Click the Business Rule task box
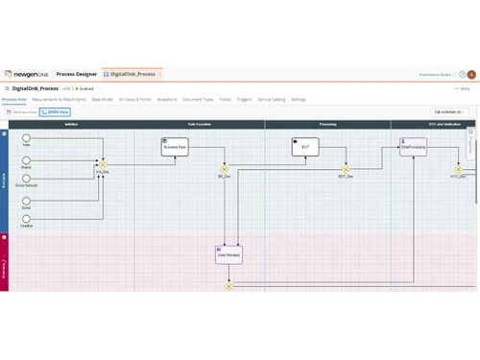point(175,147)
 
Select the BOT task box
point(305,147)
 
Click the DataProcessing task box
point(413,147)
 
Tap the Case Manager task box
point(228,254)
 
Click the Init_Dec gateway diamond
point(103,165)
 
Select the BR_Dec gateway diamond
point(225,169)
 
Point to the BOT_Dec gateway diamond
point(346,169)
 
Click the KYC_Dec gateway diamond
point(459,169)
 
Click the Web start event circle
point(27,136)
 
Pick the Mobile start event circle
point(27,156)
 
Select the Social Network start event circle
point(27,178)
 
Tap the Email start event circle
point(27,200)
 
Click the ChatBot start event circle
point(27,218)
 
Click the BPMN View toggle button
point(55,112)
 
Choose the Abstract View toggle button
point(21,112)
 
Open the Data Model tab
point(102,99)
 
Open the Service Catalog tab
point(272,99)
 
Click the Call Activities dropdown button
point(448,112)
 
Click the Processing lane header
point(327,125)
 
